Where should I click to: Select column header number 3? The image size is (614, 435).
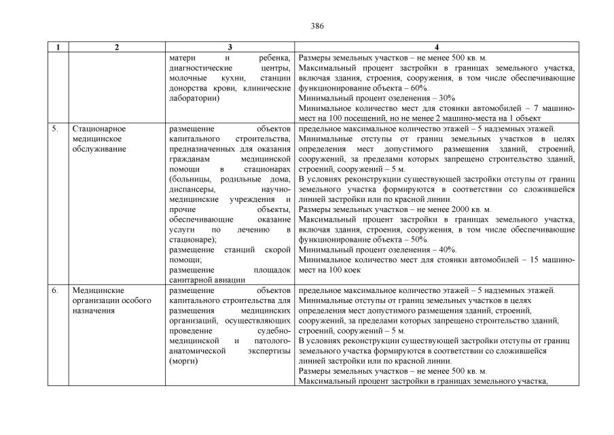coord(230,47)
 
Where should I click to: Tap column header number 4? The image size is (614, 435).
coord(436,47)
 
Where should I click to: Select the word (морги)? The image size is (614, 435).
coord(183,362)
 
